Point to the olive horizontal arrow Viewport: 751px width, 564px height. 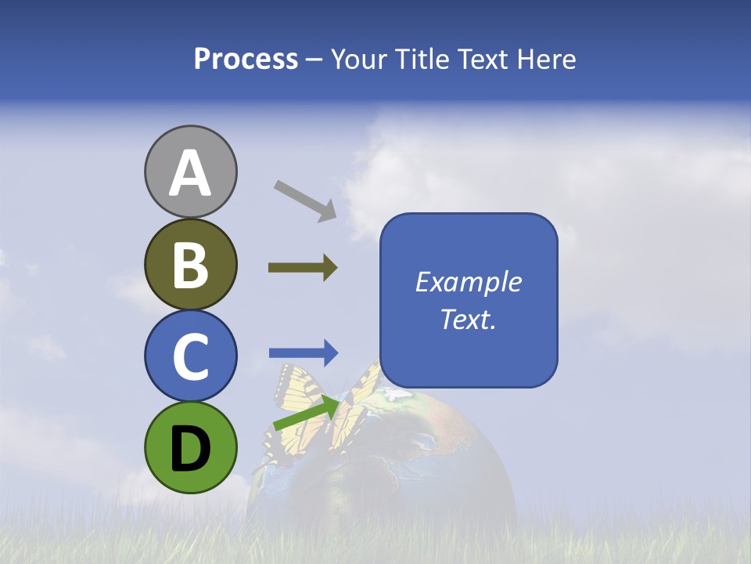point(303,268)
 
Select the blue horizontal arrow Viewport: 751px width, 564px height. point(304,353)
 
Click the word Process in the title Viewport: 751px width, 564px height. point(246,60)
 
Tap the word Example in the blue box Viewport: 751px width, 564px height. point(468,282)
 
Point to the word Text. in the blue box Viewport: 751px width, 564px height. point(468,319)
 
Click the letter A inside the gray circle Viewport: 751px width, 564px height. point(190,174)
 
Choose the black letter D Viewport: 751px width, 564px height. point(190,449)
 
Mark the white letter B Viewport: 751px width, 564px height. point(190,266)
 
